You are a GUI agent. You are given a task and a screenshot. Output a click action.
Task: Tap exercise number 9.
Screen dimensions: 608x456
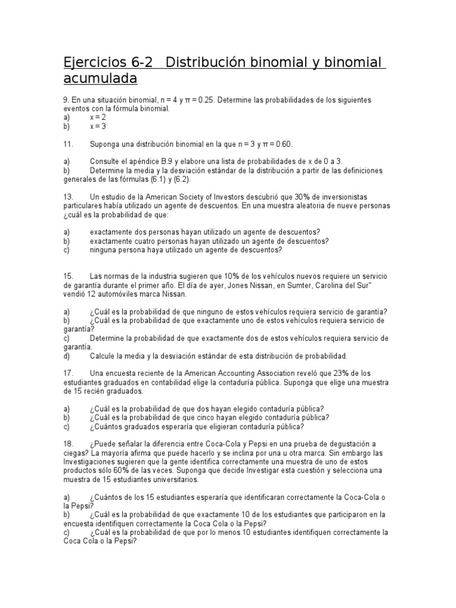click(x=66, y=100)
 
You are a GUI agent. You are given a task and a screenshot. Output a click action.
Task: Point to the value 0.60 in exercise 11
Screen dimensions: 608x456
click(x=283, y=144)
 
